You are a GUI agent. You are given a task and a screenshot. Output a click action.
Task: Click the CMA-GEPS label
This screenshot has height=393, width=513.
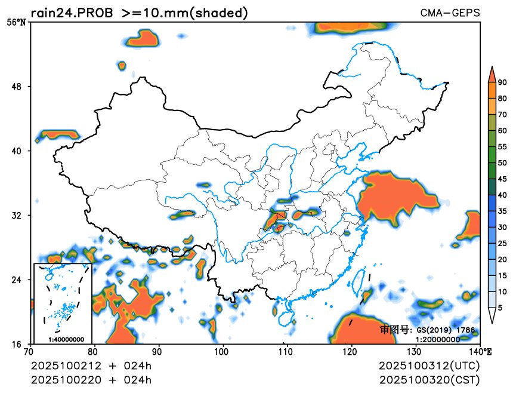[450, 13]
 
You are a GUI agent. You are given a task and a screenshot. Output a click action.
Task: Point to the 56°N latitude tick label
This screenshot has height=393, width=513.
[16, 22]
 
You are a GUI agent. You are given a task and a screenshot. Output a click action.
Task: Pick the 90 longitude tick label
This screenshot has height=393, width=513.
[157, 351]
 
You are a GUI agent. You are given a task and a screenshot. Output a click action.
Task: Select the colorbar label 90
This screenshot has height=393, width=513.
[503, 82]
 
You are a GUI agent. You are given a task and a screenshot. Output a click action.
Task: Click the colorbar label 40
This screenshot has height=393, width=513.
[503, 195]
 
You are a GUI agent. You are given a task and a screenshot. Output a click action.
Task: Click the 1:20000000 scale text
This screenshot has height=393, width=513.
[438, 339]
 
